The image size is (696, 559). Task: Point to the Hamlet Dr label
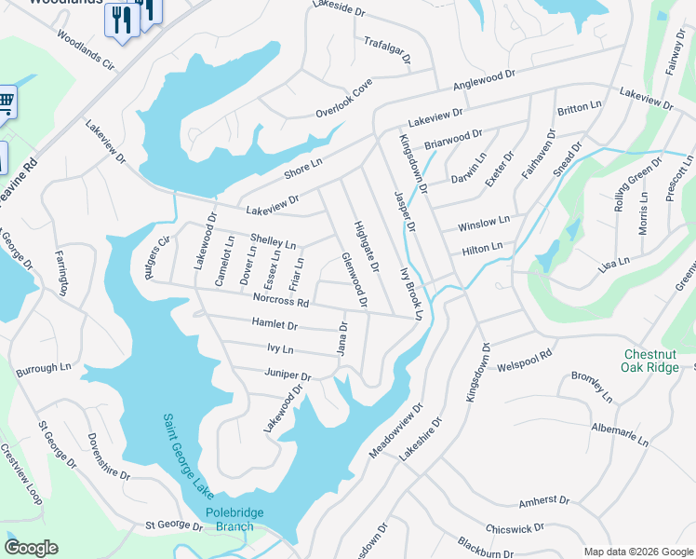click(x=274, y=325)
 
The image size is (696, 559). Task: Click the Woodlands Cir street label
click(x=85, y=51)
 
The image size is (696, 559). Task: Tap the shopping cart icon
click(x=6, y=100)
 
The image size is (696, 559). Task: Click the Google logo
click(x=31, y=547)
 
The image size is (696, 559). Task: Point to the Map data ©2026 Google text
click(x=638, y=552)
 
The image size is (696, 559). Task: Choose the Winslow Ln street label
click(x=484, y=224)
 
